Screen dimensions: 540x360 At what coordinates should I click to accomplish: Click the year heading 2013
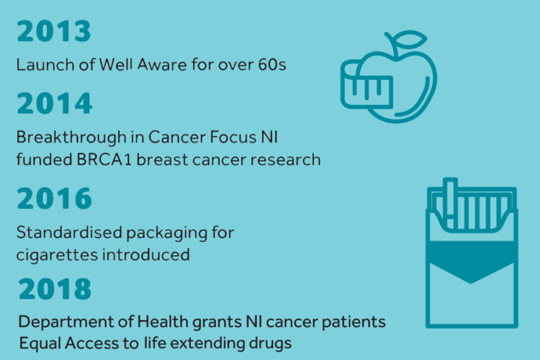pyautogui.click(x=54, y=31)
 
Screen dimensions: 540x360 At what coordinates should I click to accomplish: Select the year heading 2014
pyautogui.click(x=55, y=103)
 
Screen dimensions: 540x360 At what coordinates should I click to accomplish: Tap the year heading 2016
pyautogui.click(x=55, y=198)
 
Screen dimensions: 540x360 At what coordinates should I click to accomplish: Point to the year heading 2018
pyautogui.click(x=55, y=289)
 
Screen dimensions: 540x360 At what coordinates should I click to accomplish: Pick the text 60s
pyautogui.click(x=272, y=64)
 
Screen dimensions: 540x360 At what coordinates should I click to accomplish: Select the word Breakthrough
pyautogui.click(x=71, y=137)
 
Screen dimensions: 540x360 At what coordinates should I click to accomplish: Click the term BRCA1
pyautogui.click(x=104, y=160)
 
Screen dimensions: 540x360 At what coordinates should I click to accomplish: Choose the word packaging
pyautogui.click(x=167, y=233)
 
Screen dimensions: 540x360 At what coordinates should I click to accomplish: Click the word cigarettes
pyautogui.click(x=57, y=256)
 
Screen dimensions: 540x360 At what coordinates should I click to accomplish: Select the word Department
pyautogui.click(x=66, y=323)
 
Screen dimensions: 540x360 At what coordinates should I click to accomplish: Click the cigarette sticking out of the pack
pyautogui.click(x=450, y=203)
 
